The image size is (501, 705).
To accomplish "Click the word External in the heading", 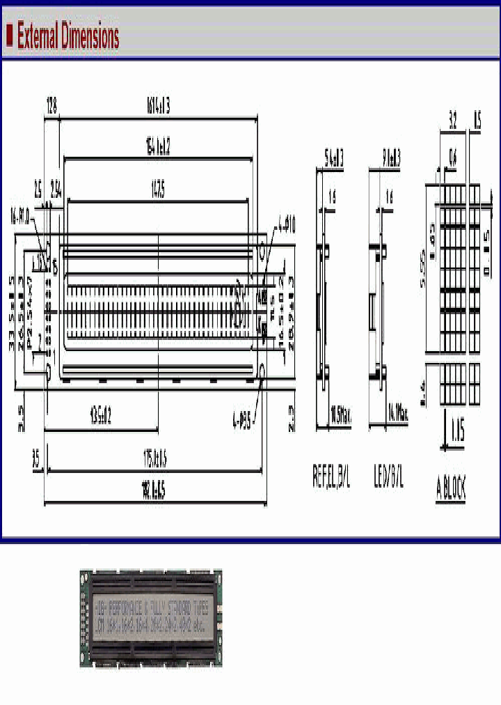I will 38,36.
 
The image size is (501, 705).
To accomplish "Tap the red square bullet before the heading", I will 10,34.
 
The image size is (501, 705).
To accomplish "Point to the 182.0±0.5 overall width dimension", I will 154,492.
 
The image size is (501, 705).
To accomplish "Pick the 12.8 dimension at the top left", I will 51,104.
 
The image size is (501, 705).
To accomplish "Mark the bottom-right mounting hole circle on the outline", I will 263,370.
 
